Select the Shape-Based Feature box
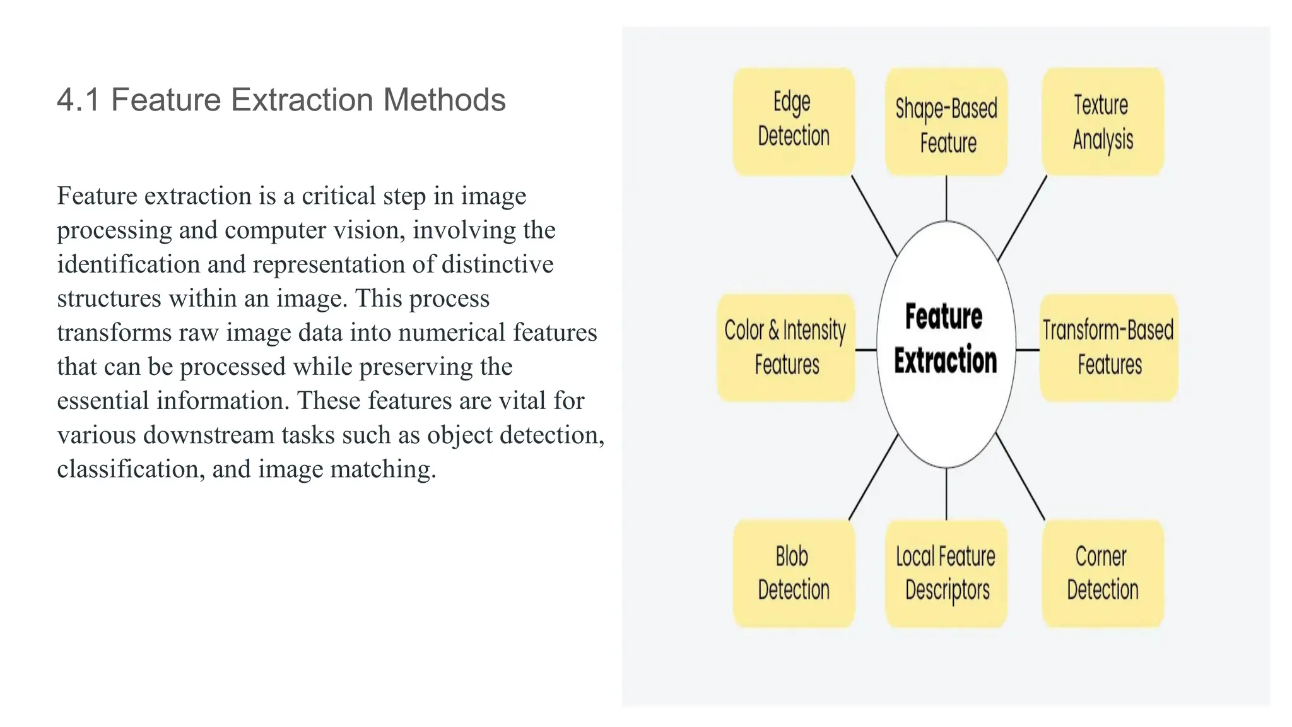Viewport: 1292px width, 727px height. [x=946, y=122]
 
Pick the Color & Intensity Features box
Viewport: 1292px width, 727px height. [x=786, y=347]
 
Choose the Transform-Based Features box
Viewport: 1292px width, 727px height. [x=1108, y=347]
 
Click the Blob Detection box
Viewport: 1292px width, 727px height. [x=794, y=573]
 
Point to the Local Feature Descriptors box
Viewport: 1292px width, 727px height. [x=946, y=573]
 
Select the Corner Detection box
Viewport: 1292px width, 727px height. [x=1103, y=573]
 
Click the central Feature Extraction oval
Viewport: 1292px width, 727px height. [x=946, y=344]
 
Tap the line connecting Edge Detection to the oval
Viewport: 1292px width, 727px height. [x=874, y=216]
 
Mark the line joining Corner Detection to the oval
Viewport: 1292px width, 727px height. [x=1020, y=476]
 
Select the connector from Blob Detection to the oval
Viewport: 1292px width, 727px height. [x=873, y=478]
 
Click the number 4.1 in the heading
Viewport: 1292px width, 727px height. [x=78, y=100]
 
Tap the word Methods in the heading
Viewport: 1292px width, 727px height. [x=444, y=100]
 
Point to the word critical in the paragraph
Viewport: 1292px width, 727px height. [x=339, y=196]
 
